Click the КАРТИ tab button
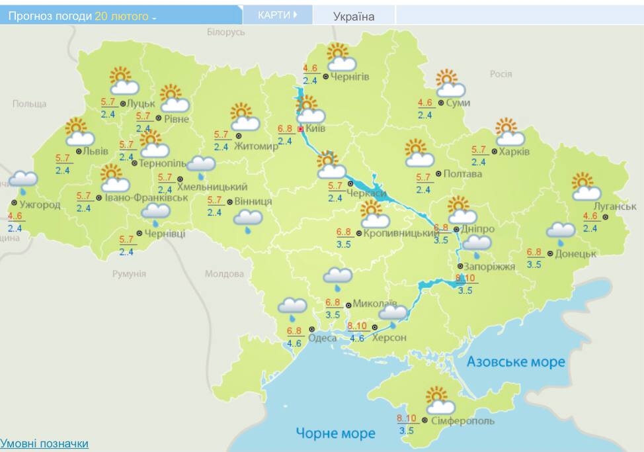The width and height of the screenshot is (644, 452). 277,15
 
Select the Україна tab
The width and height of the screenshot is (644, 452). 353,17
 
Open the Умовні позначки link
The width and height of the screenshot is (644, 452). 44,443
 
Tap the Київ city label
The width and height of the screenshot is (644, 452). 316,128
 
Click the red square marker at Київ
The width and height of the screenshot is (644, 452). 301,129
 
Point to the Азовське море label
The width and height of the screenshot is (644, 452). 516,361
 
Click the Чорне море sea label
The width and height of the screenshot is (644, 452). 335,433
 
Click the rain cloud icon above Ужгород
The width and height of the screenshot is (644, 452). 23,180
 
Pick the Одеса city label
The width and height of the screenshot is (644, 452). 323,338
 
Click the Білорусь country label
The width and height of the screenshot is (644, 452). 225,32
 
